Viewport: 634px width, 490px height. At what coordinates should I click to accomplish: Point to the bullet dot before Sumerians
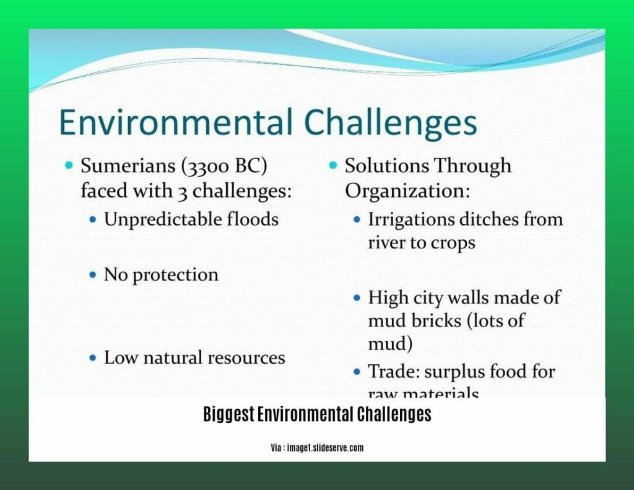[x=69, y=166]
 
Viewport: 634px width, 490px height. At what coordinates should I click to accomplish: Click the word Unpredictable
[x=163, y=219]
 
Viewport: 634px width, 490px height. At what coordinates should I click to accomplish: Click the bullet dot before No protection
[x=93, y=274]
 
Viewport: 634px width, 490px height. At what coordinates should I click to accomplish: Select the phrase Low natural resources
[x=194, y=357]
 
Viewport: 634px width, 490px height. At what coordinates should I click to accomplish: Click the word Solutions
[x=384, y=166]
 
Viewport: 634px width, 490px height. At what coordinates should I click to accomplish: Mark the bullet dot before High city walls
[x=357, y=298]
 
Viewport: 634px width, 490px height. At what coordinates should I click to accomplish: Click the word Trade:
[x=392, y=372]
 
